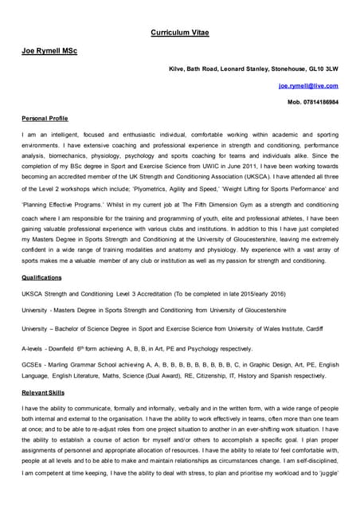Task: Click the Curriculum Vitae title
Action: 180,33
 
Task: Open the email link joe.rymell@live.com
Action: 308,85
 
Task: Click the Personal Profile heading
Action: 45,119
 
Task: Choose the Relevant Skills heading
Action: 44,393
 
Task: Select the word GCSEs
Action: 33,365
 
